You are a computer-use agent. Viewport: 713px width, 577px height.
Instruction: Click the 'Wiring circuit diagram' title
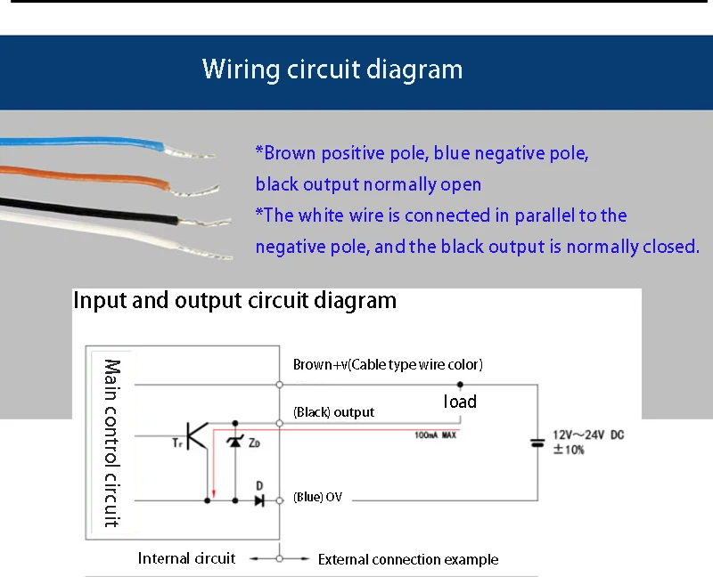(332, 69)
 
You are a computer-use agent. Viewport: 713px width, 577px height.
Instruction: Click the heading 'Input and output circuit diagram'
(234, 300)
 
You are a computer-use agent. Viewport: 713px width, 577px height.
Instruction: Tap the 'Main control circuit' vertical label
(112, 443)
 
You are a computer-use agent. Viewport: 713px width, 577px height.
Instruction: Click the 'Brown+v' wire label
(388, 365)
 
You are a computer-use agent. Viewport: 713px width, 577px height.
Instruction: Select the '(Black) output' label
(333, 412)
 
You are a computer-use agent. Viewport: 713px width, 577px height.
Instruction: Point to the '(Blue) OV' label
(317, 497)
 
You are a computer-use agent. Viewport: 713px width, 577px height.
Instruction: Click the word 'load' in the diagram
(460, 402)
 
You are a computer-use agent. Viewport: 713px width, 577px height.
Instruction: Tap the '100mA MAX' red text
(435, 435)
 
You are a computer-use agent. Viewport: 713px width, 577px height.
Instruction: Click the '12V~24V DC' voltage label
(588, 435)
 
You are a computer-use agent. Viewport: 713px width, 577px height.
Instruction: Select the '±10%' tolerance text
(569, 450)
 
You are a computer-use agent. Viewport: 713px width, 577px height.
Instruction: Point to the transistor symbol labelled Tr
(197, 437)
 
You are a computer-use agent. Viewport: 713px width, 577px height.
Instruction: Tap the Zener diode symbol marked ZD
(235, 441)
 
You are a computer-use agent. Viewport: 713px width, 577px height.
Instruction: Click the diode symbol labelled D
(258, 500)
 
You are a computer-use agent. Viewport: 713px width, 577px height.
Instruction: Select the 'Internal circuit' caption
(186, 558)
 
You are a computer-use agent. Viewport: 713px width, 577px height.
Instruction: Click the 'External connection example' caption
(408, 559)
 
